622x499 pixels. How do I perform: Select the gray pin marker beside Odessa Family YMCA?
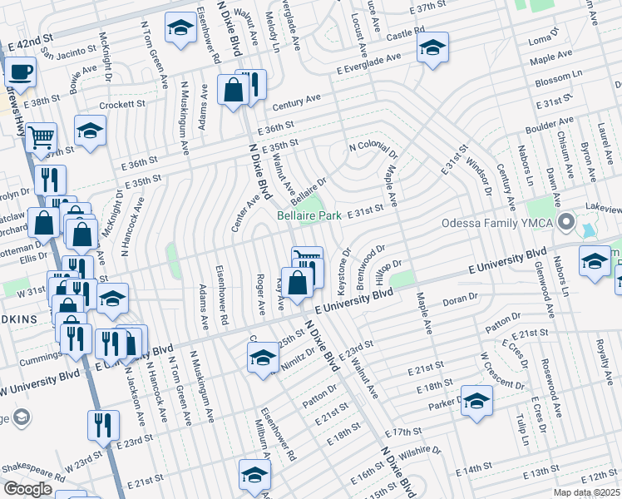[x=566, y=222]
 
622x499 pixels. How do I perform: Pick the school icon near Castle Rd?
[x=432, y=48]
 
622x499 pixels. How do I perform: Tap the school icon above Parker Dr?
[x=476, y=402]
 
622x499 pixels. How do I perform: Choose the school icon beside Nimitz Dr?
[x=262, y=358]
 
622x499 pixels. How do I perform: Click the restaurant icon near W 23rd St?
[x=103, y=425]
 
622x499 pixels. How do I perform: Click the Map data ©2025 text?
[x=586, y=492]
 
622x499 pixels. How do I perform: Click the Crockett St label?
[x=122, y=106]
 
